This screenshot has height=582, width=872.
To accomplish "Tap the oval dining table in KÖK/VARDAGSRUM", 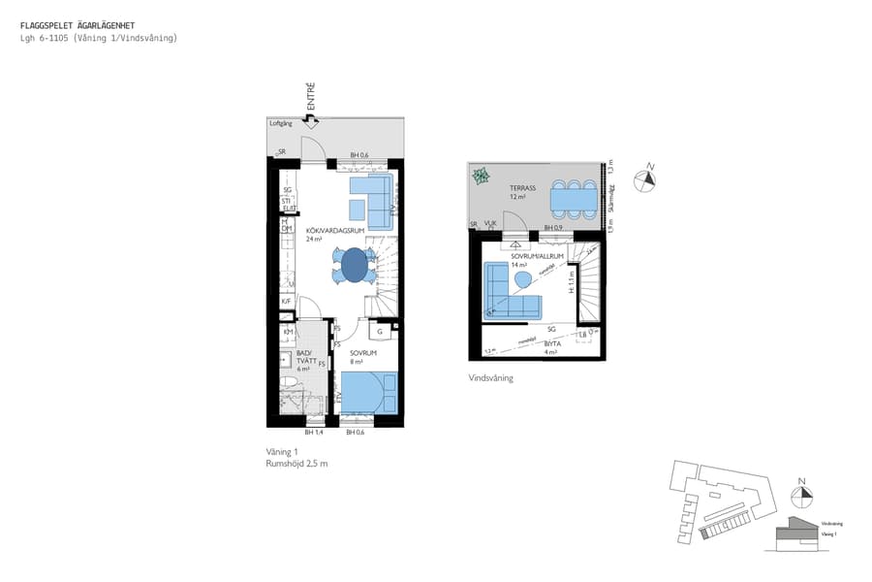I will point(355,264).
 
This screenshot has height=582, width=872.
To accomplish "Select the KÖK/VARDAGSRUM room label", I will point(335,231).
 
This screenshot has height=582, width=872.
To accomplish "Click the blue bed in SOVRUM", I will point(367,394).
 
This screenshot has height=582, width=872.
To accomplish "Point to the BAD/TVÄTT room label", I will point(303,359).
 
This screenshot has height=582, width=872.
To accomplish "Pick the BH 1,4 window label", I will point(313,433).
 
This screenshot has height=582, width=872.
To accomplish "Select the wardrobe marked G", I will point(381,332).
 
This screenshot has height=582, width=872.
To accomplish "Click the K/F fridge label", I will point(287,302).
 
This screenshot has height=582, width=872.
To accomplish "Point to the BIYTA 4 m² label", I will point(551,347).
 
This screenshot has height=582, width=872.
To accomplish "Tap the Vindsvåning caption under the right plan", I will point(490,378).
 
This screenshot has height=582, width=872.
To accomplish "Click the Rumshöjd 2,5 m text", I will point(296,465).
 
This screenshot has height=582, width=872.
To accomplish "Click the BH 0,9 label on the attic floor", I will point(553,228).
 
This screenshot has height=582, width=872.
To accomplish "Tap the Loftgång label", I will point(280,124).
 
